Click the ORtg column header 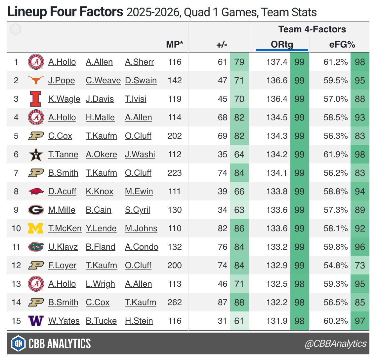pyautogui.click(x=282, y=45)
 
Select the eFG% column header pyautogui.click(x=342, y=45)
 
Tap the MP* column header pyautogui.click(x=174, y=45)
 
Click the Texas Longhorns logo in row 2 pyautogui.click(x=36, y=80)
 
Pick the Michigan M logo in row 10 pyautogui.click(x=36, y=228)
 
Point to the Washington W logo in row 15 pyautogui.click(x=36, y=321)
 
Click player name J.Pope pyautogui.click(x=62, y=80)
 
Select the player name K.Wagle pyautogui.click(x=64, y=99)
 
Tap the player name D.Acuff pyautogui.click(x=62, y=191)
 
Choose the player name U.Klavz pyautogui.click(x=63, y=247)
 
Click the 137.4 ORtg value pyautogui.click(x=277, y=62)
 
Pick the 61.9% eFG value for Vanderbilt pyautogui.click(x=336, y=154)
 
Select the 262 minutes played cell pyautogui.click(x=174, y=302)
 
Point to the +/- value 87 pyautogui.click(x=222, y=302)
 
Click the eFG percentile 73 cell pyautogui.click(x=360, y=265)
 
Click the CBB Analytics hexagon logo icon pyautogui.click(x=18, y=343)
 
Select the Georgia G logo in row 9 pyautogui.click(x=36, y=210)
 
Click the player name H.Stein pyautogui.click(x=139, y=321)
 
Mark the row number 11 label pyautogui.click(x=16, y=247)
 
